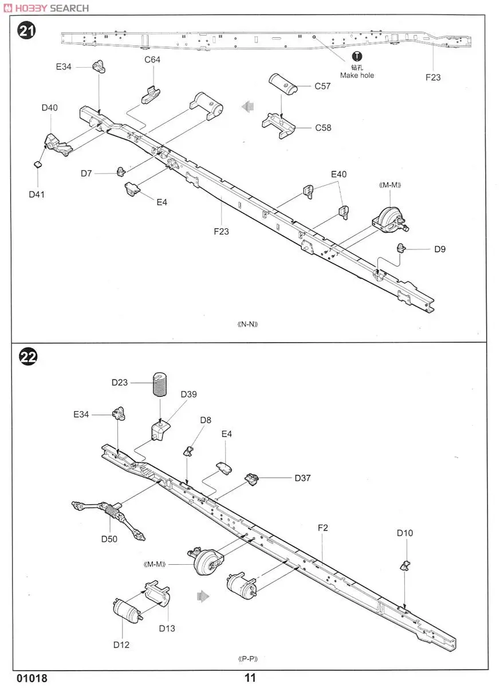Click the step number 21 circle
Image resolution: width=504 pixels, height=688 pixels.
(27, 30)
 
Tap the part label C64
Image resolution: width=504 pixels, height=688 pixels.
(152, 60)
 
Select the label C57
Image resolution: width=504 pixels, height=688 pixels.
(322, 87)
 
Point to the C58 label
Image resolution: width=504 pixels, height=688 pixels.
(323, 128)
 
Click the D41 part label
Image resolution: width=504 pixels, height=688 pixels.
(37, 194)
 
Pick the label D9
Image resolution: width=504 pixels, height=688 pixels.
(439, 249)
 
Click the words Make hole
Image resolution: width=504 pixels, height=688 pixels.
(357, 75)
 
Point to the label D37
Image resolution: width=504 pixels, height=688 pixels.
(302, 478)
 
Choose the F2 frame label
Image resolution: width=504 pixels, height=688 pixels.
(322, 527)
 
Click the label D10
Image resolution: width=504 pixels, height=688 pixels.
(404, 533)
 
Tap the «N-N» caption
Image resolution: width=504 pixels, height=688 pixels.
(248, 324)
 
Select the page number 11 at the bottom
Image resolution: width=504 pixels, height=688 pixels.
(250, 678)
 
